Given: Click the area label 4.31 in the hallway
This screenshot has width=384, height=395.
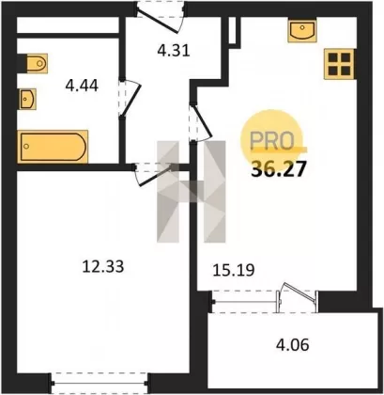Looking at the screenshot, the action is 174,50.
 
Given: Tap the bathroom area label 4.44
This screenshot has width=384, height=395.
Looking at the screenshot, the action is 82,86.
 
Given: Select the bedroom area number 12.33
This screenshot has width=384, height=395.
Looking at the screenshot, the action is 103,266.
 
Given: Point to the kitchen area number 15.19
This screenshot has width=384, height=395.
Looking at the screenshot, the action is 234,270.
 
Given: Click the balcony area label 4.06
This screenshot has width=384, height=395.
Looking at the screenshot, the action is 292,345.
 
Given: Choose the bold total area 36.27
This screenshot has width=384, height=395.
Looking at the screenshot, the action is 278,169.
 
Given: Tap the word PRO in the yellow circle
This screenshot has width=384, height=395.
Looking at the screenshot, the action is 271,141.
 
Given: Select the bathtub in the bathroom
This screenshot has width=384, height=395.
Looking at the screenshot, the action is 53,147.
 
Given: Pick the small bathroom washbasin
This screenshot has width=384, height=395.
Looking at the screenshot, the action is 27,99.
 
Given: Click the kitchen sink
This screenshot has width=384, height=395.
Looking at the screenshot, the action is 302,30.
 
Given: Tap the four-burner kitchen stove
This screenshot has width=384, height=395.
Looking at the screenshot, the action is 339,64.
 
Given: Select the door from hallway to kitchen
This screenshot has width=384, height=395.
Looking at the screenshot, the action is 200,122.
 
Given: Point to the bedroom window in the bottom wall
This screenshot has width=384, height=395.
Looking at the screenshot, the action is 100,383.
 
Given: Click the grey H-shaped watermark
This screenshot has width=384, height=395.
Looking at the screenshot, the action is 192,192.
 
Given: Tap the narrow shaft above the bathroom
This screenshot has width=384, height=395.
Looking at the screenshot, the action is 68,24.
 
